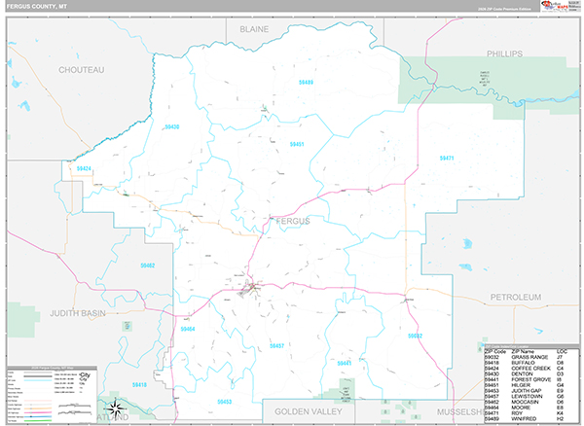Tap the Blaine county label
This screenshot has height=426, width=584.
click(x=253, y=29)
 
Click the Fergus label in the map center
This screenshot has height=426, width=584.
click(x=292, y=221)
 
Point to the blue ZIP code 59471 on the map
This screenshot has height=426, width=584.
click(x=447, y=158)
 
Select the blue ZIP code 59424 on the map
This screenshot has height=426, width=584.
click(x=84, y=169)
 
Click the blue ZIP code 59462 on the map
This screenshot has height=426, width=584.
click(x=147, y=266)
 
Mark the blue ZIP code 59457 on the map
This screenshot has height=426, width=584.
click(x=276, y=345)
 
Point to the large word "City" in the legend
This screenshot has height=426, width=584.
click(x=85, y=374)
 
